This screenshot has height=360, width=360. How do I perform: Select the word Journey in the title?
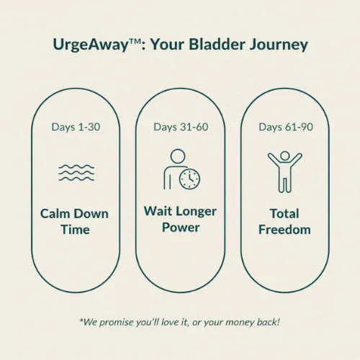tap(279, 45)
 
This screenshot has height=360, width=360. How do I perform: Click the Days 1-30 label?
tap(76, 127)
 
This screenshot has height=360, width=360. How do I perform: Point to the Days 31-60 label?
tap(180, 127)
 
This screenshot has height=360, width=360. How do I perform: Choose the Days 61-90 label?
tap(284, 127)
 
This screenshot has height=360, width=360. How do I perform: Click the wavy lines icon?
tap(76, 173)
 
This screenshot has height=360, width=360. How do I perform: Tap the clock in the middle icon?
tap(190, 179)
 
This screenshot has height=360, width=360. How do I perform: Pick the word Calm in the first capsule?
tap(56, 214)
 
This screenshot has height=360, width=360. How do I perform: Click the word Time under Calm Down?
tap(76, 230)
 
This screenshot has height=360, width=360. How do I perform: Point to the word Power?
tap(180, 228)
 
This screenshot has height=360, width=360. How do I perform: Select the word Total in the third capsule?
tap(284, 214)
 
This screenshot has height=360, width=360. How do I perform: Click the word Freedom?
tap(284, 230)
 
